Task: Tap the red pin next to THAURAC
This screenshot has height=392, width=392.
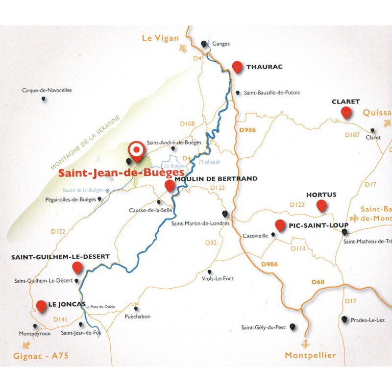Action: [238, 67]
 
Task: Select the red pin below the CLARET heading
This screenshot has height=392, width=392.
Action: [346, 113]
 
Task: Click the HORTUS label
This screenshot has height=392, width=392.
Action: [321, 195]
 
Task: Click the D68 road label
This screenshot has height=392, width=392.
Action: [318, 282]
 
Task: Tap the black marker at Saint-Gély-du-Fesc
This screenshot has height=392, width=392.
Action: [293, 326]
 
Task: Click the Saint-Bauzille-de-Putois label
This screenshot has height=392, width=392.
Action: [268, 92]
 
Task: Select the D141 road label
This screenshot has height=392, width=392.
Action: [60, 319]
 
